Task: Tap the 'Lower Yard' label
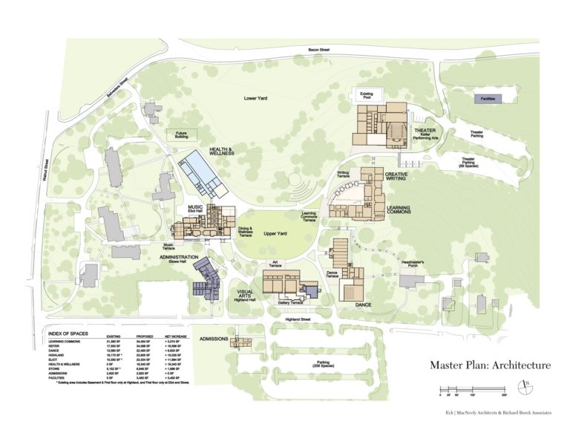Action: [x=256, y=97]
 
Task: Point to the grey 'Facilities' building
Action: [x=488, y=97]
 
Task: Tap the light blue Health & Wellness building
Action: [x=200, y=171]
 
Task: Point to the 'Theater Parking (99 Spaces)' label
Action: [x=469, y=163]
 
